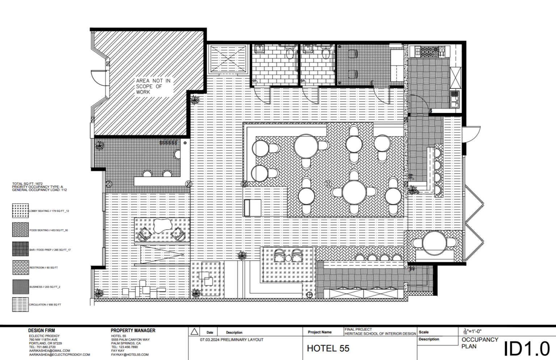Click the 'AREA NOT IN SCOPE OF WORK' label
pyautogui.click(x=153, y=86)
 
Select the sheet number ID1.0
pyautogui.click(x=527, y=349)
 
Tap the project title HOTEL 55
pyautogui.click(x=328, y=348)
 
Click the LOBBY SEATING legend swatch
pyautogui.click(x=20, y=211)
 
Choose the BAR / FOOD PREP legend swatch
pyautogui.click(x=20, y=249)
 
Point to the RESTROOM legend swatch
pyautogui.click(x=20, y=268)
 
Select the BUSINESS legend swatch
pyautogui.click(x=20, y=286)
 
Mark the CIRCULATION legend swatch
pyautogui.click(x=20, y=305)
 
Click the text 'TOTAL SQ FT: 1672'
pyautogui.click(x=28, y=184)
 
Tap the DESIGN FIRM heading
pyautogui.click(x=42, y=331)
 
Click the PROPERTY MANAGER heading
pyautogui.click(x=133, y=331)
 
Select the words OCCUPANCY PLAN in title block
pyautogui.click(x=480, y=343)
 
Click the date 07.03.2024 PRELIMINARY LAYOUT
pyautogui.click(x=232, y=340)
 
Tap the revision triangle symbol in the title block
pyautogui.click(x=194, y=332)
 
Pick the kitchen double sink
pyautogui.click(x=455, y=99)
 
